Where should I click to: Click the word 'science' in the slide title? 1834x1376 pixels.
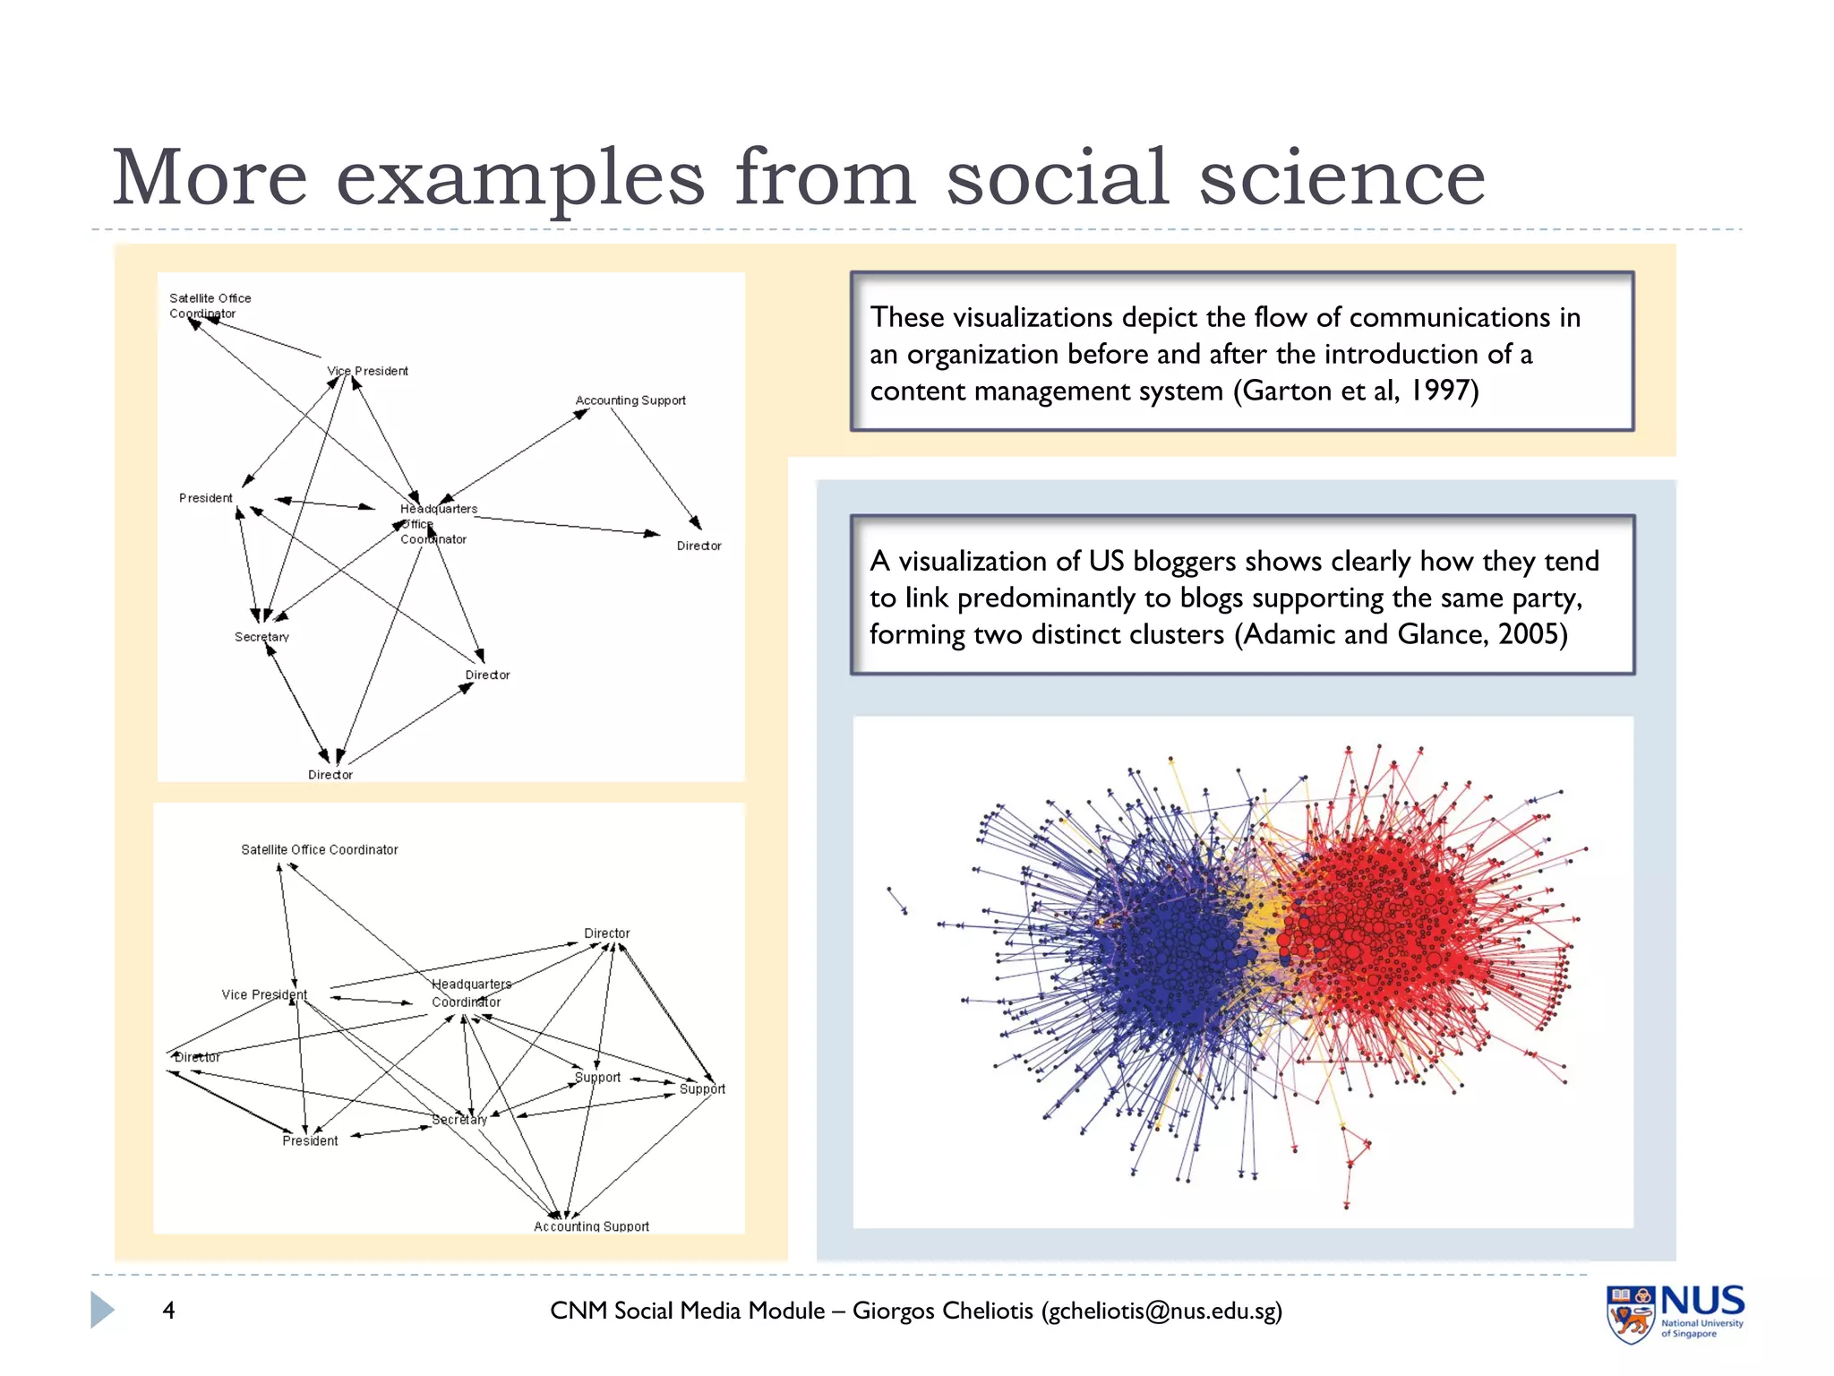pyautogui.click(x=1341, y=177)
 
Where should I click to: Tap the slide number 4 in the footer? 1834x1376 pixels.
pyautogui.click(x=168, y=1311)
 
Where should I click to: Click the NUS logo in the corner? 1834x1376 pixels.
pyautogui.click(x=1675, y=1313)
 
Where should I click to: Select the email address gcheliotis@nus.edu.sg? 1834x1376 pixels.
pyautogui.click(x=1161, y=1311)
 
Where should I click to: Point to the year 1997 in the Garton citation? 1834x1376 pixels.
pyautogui.click(x=1441, y=391)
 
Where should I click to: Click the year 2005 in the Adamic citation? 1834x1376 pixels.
pyautogui.click(x=1530, y=634)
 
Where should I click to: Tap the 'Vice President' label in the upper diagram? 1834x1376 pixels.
pyautogui.click(x=367, y=371)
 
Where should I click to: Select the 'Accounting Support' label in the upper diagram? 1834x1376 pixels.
pyautogui.click(x=630, y=400)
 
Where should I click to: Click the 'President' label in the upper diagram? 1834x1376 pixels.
pyautogui.click(x=205, y=498)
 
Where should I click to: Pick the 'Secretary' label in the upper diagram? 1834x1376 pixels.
pyautogui.click(x=261, y=637)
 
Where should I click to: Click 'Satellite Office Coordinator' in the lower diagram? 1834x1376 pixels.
pyautogui.click(x=319, y=849)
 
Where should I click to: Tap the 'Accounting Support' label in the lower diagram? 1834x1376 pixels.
pyautogui.click(x=591, y=1226)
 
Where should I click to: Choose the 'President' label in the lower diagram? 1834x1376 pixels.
pyautogui.click(x=310, y=1140)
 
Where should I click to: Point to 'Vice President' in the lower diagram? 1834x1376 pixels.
pyautogui.click(x=264, y=994)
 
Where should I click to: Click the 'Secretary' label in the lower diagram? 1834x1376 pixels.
pyautogui.click(x=459, y=1120)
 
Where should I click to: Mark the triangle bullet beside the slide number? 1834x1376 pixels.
pyautogui.click(x=102, y=1311)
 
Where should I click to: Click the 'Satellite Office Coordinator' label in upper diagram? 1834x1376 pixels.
pyautogui.click(x=210, y=305)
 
